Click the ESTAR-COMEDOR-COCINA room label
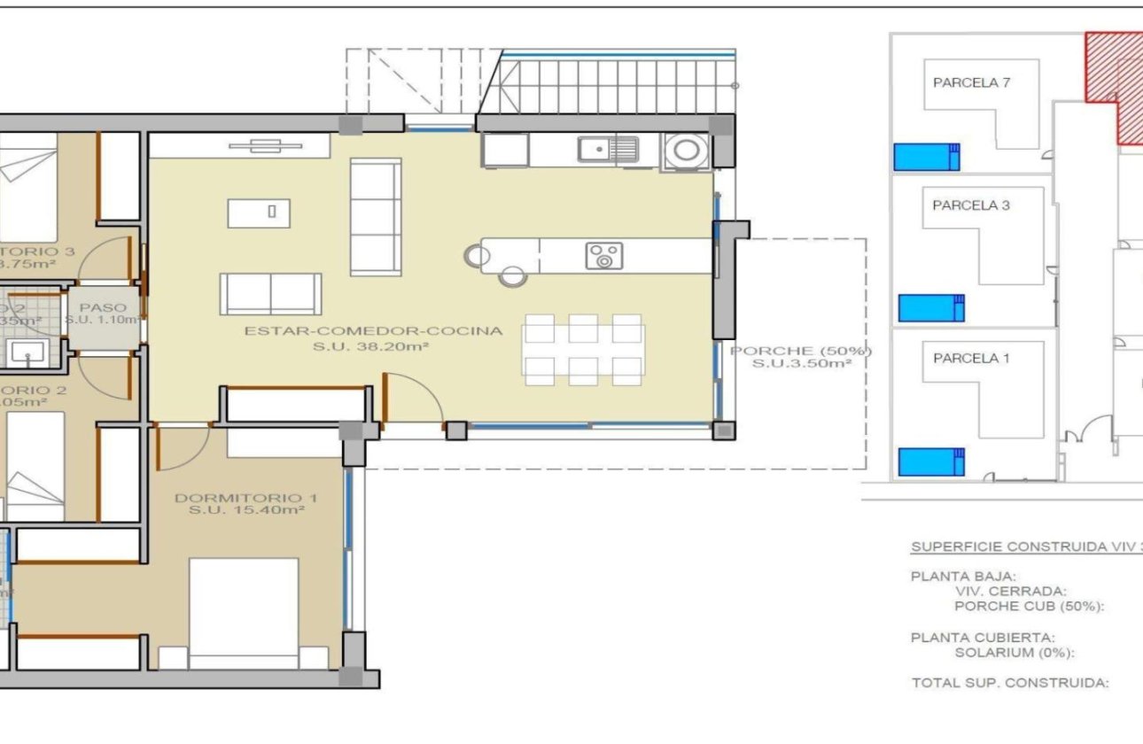coord(373,331)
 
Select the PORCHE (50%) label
coord(801,351)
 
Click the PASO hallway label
coord(103,307)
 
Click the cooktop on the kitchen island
coord(603,256)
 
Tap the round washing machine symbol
coord(685,150)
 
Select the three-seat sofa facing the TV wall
coord(376,217)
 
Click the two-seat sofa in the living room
coord(270,294)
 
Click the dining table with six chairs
coord(583,350)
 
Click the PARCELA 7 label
coord(971,82)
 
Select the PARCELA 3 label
coord(971,205)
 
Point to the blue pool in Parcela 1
coord(930,461)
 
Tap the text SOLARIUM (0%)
coord(1015,653)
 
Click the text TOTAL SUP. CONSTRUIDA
coord(1010,683)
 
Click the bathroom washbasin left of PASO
coord(30,353)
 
